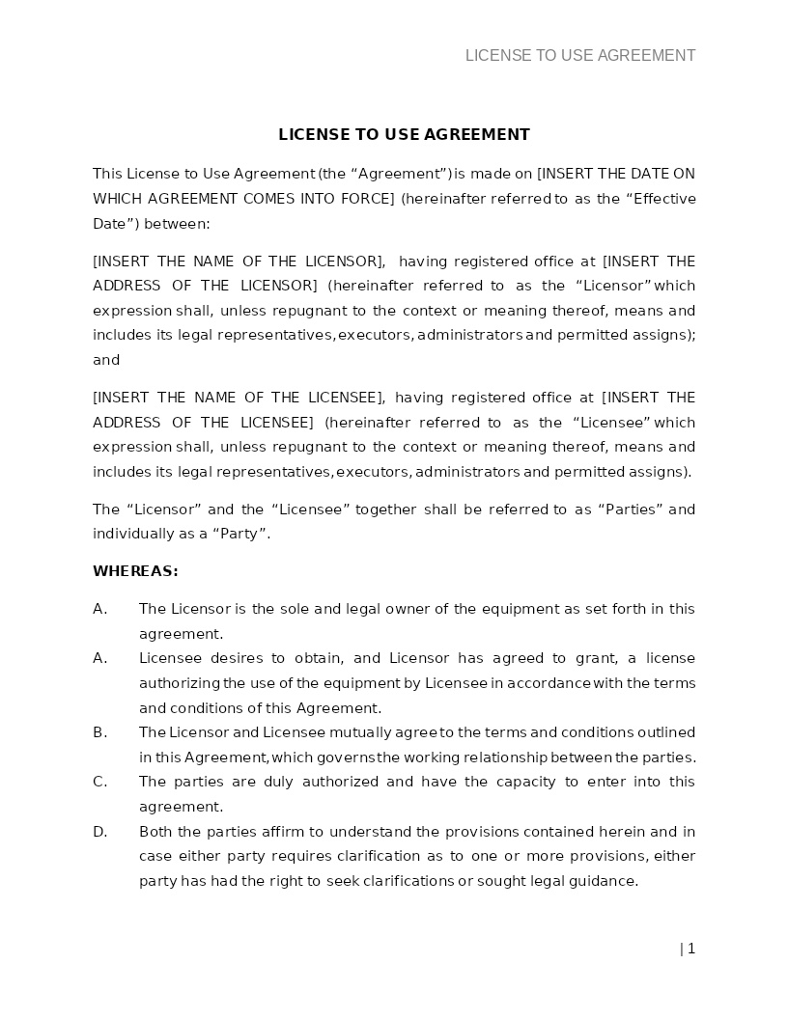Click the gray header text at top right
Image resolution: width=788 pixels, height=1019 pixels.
[579, 56]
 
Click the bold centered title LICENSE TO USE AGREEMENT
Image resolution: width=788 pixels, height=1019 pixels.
[404, 135]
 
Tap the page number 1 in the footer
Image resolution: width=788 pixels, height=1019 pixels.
[690, 949]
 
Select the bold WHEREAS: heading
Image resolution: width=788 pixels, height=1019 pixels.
[135, 571]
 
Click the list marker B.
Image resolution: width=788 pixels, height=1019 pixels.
[100, 732]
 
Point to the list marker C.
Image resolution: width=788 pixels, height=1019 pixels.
[100, 782]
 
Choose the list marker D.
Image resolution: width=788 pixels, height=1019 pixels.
[100, 832]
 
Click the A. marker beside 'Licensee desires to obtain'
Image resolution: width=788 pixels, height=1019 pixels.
[100, 658]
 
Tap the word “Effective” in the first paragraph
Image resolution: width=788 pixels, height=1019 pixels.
[661, 199]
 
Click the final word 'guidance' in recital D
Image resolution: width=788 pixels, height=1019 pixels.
[605, 881]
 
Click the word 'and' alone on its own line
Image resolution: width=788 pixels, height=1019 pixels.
[106, 360]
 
